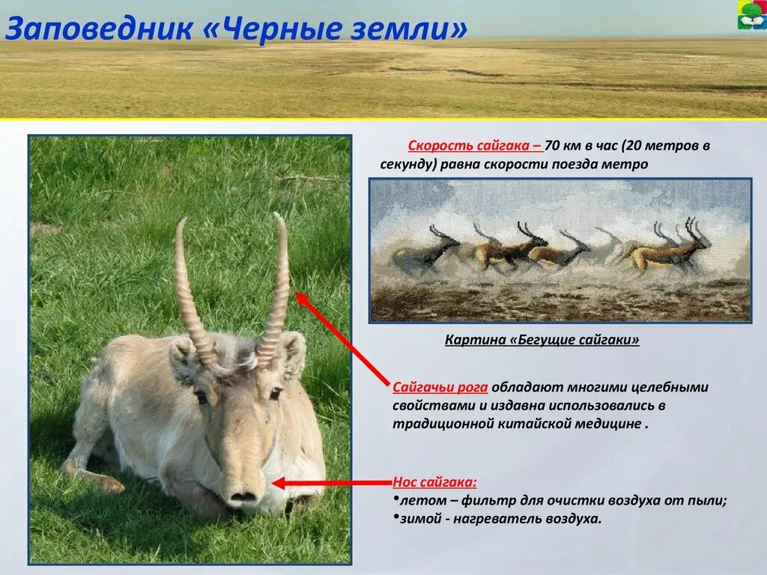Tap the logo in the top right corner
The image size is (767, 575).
(751, 16)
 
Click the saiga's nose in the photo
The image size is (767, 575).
(242, 493)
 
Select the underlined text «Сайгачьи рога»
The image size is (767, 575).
(440, 387)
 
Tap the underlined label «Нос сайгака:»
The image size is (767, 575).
(434, 482)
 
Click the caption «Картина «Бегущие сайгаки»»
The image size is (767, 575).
(542, 340)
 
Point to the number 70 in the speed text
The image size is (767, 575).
(552, 146)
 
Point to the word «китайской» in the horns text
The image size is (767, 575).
(534, 423)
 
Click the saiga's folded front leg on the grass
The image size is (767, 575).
(94, 476)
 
